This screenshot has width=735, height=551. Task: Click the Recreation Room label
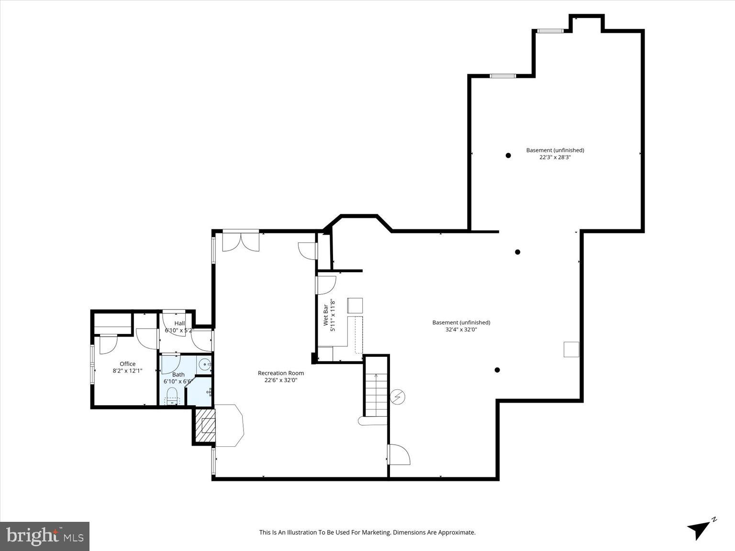(x=280, y=373)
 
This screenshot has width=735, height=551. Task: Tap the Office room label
(x=127, y=364)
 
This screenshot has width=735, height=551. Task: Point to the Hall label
(x=179, y=323)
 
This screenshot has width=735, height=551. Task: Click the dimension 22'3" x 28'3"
(x=555, y=157)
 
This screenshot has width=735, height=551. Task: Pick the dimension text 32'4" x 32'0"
(x=461, y=329)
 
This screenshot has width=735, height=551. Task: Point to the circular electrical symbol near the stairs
(x=398, y=397)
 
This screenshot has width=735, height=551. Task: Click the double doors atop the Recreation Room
(x=241, y=242)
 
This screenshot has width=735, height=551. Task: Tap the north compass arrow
(x=700, y=528)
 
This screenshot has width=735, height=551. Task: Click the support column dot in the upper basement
(x=508, y=155)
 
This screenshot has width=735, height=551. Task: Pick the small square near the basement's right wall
(x=571, y=349)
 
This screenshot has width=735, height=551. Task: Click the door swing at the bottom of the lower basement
(x=399, y=455)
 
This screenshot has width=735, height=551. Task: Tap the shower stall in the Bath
(x=199, y=391)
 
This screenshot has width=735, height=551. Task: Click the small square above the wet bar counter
(x=355, y=305)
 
